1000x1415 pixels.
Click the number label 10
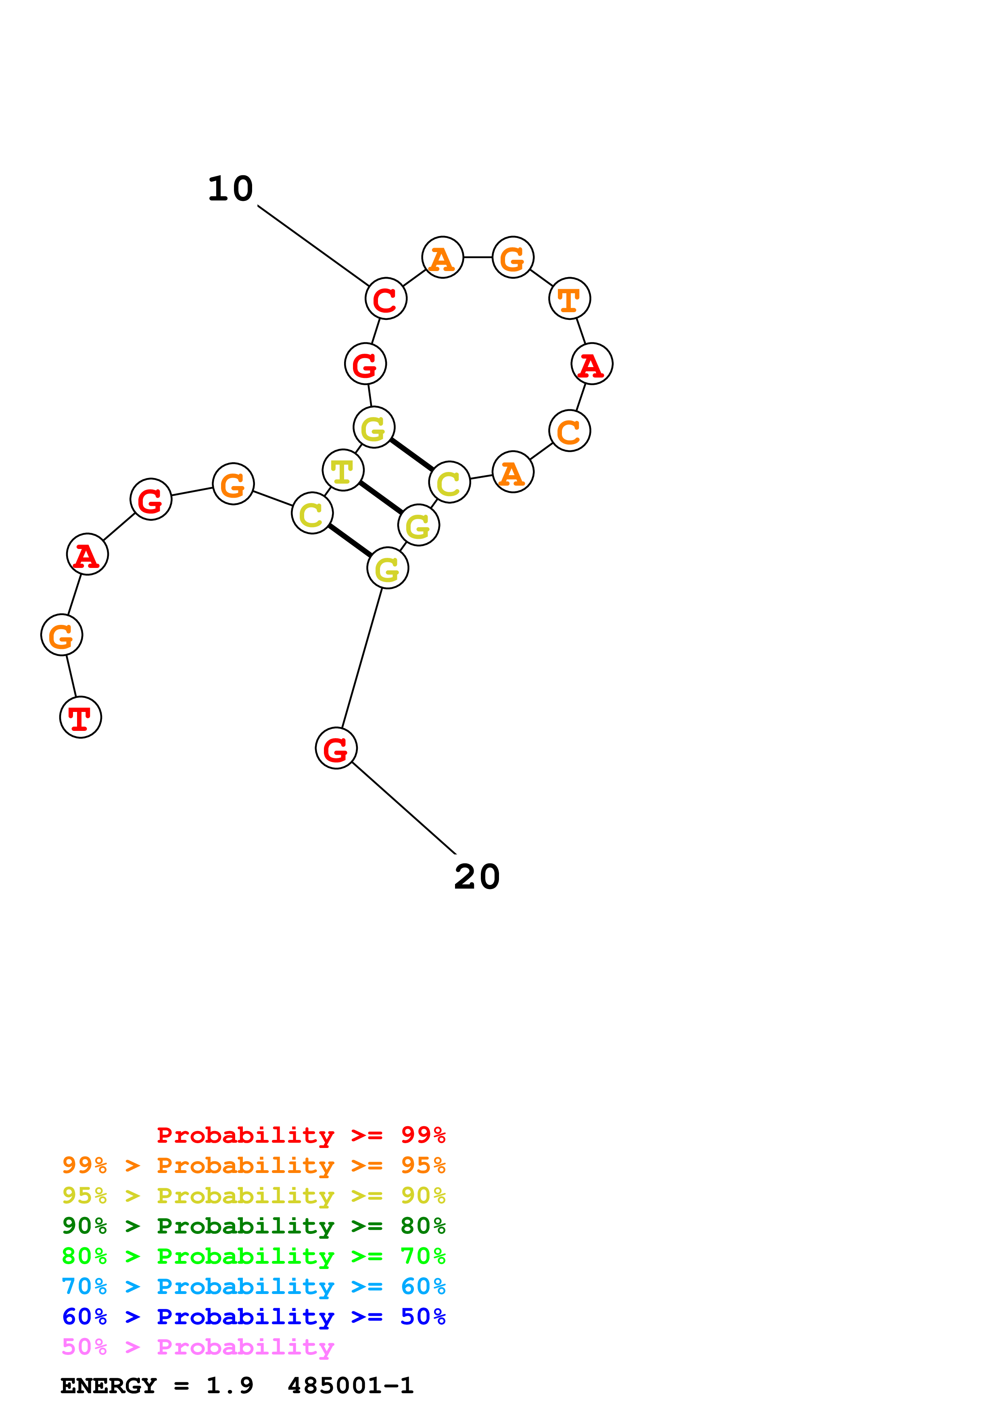230,189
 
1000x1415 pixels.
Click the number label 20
476,877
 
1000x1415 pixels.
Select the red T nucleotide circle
81,717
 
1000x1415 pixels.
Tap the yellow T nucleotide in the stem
342,471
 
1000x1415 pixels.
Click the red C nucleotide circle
386,299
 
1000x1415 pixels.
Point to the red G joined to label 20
336,748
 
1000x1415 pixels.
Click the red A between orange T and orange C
591,364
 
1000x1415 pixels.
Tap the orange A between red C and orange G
443,258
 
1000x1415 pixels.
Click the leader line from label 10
313,245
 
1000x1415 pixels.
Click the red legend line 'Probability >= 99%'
301,1135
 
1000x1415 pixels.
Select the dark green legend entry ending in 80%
253,1226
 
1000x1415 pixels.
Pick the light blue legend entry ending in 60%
253,1286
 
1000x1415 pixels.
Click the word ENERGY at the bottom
109,1386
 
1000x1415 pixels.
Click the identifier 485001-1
350,1386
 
